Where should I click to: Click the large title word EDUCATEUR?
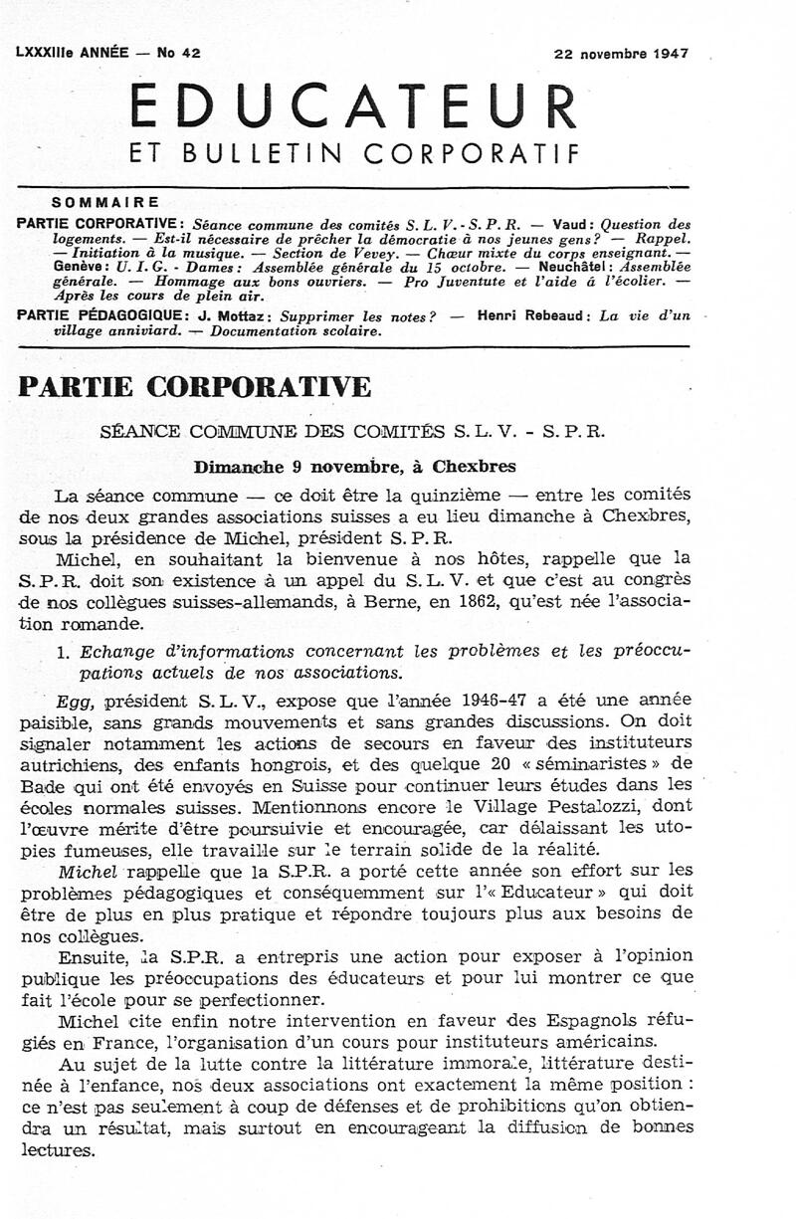click(x=354, y=105)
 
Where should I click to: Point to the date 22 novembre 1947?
click(x=621, y=54)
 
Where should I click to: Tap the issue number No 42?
click(x=179, y=54)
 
